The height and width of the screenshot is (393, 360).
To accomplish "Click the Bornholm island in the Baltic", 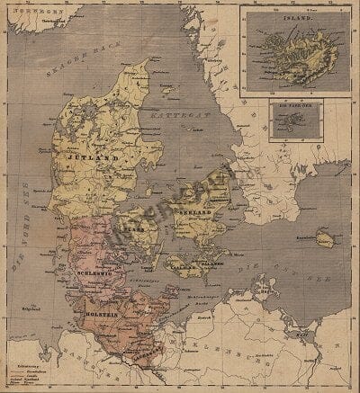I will (x=322, y=238).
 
